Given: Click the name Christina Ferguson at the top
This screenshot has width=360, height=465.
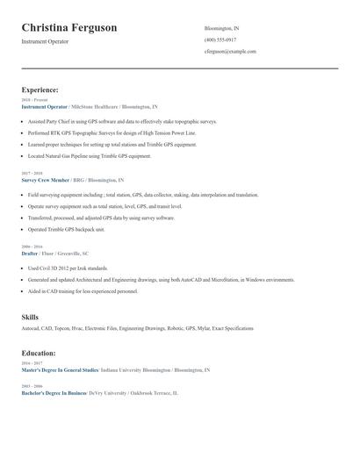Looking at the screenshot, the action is [68, 28].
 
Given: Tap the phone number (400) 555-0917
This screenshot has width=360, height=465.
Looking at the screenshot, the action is [220, 39].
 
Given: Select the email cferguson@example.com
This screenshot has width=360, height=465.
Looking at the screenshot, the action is [230, 52].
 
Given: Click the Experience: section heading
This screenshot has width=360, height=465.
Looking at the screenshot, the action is [40, 89].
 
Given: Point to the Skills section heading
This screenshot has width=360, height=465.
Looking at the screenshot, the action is [30, 317].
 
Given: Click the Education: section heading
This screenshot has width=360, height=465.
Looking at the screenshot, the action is [39, 353].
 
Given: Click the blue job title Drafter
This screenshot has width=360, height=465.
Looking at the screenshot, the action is [30, 253].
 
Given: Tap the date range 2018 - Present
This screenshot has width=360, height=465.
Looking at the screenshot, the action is [34, 100].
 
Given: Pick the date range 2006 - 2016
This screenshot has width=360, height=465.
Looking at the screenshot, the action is [32, 247].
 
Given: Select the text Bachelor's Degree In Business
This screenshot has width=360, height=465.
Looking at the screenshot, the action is [54, 393].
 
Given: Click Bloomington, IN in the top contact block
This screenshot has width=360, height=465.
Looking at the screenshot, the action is [221, 28].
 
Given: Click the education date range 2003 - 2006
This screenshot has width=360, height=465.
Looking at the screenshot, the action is [32, 386].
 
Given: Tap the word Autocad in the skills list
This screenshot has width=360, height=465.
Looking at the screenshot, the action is [31, 328].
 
